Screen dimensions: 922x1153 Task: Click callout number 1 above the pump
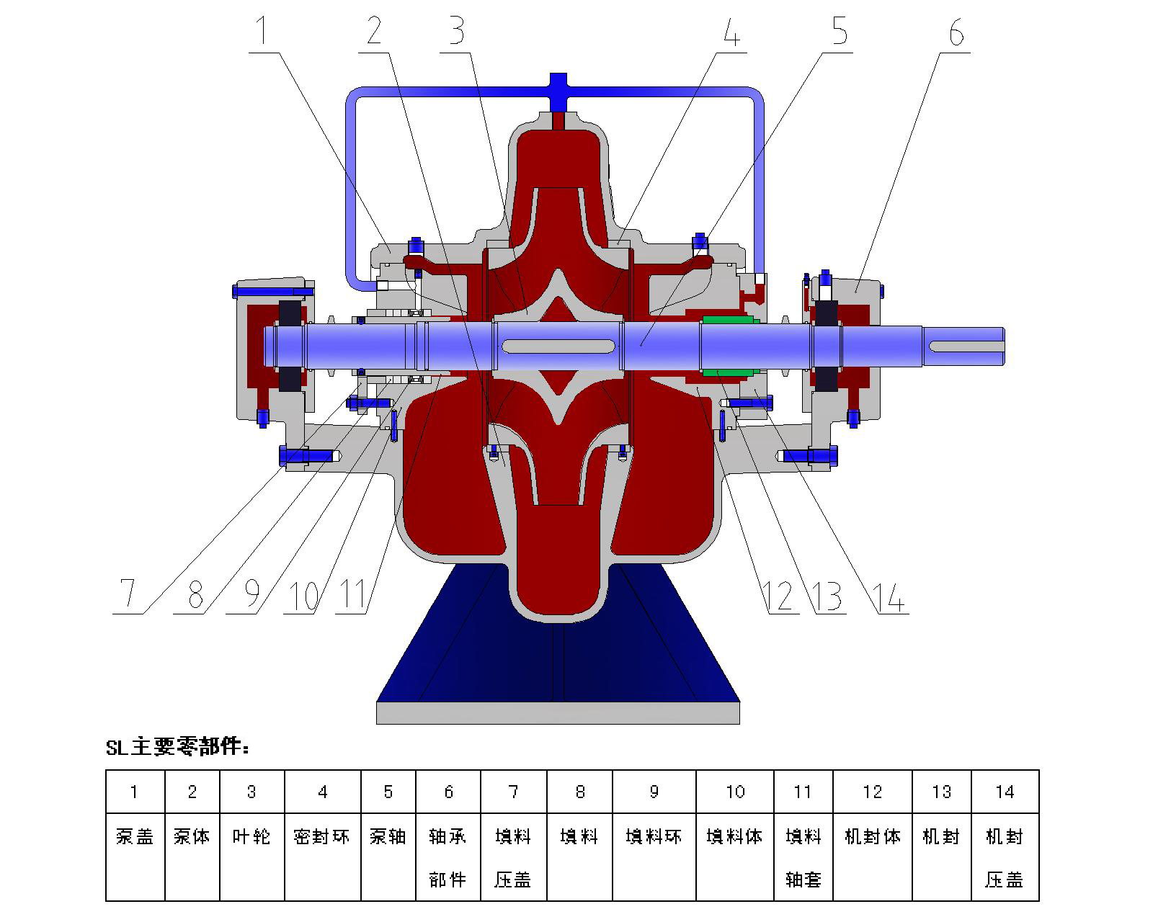coord(263,32)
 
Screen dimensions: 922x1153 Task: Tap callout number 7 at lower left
coord(128,595)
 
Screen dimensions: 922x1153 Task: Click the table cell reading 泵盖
coord(135,837)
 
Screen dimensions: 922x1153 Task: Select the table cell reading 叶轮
coord(251,837)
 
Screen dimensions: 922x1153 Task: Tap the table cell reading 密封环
coord(321,837)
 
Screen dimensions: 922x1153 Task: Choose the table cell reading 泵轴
coord(388,837)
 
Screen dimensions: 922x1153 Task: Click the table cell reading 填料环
coord(654,837)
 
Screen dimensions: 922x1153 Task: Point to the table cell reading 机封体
coord(872,837)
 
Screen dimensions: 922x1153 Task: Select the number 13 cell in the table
coord(941,792)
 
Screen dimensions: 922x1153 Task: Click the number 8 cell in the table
coord(579,792)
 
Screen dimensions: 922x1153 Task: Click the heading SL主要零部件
coord(178,747)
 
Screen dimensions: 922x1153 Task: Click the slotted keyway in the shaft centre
coord(558,346)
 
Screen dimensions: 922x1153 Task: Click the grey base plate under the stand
coord(558,712)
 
